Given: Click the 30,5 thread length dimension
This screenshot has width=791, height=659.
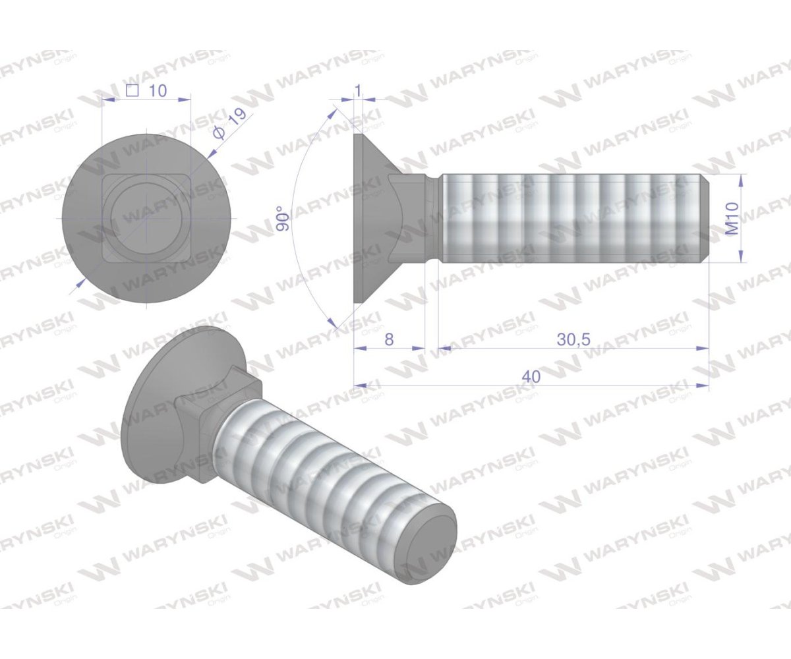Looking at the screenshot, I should tap(573, 339).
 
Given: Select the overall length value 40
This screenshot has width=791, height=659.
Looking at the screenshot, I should tap(531, 376).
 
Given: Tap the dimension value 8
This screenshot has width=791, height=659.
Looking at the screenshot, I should tap(389, 339).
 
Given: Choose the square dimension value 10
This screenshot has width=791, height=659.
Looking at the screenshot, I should tap(158, 91).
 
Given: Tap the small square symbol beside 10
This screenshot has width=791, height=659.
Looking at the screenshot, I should tap(132, 91).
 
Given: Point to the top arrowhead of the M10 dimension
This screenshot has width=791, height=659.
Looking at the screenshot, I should tap(742, 178).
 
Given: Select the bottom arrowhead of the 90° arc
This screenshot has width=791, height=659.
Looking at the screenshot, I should tap(333, 324).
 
